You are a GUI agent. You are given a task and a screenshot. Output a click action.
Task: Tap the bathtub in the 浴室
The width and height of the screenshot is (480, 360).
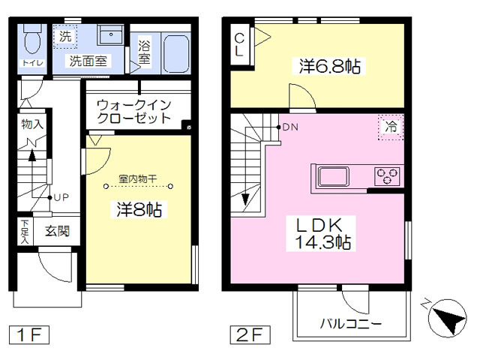[x=175, y=54]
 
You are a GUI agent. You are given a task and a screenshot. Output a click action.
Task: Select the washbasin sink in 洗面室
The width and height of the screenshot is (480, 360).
[x=110, y=34]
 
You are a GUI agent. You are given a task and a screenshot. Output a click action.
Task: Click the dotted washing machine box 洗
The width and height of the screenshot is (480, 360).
[x=65, y=37]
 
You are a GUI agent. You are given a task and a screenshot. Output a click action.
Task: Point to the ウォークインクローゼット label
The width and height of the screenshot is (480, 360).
[x=133, y=112]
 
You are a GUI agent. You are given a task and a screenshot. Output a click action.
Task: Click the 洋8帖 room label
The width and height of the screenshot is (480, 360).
[x=139, y=210]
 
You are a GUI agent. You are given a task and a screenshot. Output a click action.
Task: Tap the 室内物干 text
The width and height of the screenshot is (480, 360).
[x=138, y=178]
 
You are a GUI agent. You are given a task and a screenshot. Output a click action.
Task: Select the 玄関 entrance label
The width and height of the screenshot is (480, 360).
[x=57, y=232]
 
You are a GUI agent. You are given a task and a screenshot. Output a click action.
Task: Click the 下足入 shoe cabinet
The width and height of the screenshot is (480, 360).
[x=25, y=231]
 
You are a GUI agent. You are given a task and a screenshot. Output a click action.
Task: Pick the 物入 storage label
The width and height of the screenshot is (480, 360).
[x=32, y=124]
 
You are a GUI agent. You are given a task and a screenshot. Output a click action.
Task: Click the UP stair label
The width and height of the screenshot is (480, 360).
[x=61, y=197]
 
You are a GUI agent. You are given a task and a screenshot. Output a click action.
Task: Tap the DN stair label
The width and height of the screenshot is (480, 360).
[x=290, y=127]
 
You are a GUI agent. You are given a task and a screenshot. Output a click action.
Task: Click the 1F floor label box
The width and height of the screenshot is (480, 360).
[x=29, y=335]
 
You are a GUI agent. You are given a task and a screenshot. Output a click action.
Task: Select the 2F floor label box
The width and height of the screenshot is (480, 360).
[x=250, y=335]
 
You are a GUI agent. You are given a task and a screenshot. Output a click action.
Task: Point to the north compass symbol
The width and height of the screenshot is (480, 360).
[x=447, y=317]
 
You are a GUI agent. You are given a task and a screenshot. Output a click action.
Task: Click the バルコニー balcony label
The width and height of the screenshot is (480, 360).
[x=351, y=323]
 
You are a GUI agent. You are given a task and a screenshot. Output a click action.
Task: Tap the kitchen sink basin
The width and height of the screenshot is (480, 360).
[x=333, y=177]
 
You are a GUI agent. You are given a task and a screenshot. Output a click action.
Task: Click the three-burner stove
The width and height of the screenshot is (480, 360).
[x=387, y=176]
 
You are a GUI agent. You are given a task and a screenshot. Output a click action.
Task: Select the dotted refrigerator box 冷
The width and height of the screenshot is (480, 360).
[x=391, y=127]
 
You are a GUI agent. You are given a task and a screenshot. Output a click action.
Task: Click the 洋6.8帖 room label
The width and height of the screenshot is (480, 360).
[x=330, y=66]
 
